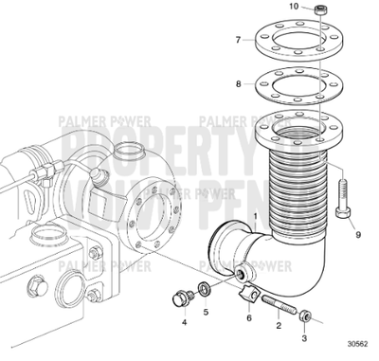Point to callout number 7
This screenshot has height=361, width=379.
pyautogui.click(x=240, y=40)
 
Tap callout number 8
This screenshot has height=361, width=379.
pyautogui.click(x=240, y=84)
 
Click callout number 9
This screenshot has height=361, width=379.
pyautogui.click(x=358, y=233)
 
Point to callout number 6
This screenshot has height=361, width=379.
pyautogui.click(x=249, y=318)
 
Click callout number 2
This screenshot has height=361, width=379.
pyautogui.click(x=278, y=325)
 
